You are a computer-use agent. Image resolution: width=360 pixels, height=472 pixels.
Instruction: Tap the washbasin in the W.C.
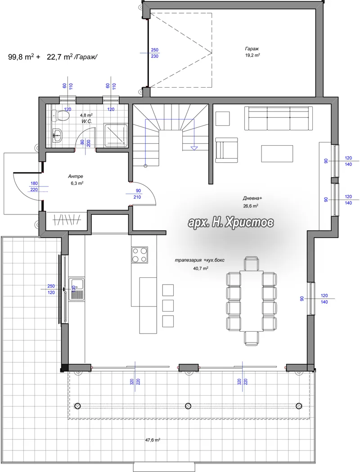[x=57, y=136]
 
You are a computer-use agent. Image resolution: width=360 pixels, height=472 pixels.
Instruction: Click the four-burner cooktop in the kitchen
[x=140, y=255]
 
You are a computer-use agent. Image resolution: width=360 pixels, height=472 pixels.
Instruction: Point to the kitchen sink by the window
[x=77, y=289]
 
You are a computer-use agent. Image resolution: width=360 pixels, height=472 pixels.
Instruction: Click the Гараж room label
[x=252, y=49]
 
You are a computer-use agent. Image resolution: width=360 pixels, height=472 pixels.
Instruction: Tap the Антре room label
[x=75, y=176]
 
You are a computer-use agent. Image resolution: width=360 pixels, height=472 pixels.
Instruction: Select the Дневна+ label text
[x=252, y=198]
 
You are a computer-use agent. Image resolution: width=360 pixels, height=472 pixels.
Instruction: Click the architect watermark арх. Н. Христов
[x=231, y=223]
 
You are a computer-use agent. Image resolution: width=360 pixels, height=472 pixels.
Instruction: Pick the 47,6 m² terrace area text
[x=153, y=440]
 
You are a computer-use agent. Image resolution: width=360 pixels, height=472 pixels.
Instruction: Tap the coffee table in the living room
[x=277, y=154]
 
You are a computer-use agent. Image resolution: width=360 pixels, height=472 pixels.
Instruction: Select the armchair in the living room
[x=226, y=150]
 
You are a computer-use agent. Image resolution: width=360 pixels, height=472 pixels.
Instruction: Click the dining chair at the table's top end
[x=252, y=263]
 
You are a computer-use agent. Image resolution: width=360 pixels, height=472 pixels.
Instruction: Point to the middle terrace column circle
[x=188, y=406]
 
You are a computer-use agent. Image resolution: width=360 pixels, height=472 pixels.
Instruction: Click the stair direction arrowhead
[x=194, y=148]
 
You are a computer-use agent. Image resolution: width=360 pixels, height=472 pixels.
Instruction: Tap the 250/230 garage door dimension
[x=154, y=53]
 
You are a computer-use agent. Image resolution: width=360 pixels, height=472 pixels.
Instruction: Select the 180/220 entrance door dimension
[x=34, y=187]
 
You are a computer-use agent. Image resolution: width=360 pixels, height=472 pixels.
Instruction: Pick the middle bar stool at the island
[x=168, y=305]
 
